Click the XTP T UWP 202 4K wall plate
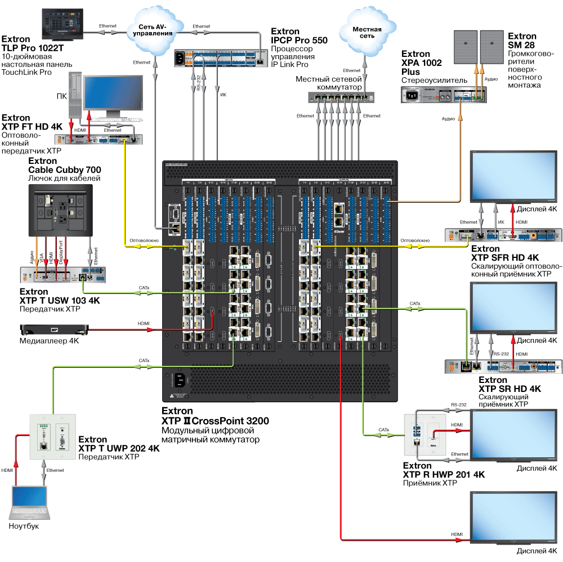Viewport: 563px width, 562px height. pyautogui.click(x=52, y=437)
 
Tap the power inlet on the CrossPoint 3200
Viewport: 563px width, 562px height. pyautogui.click(x=178, y=381)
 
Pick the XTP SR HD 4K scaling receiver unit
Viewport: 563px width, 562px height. pyautogui.click(x=504, y=367)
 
